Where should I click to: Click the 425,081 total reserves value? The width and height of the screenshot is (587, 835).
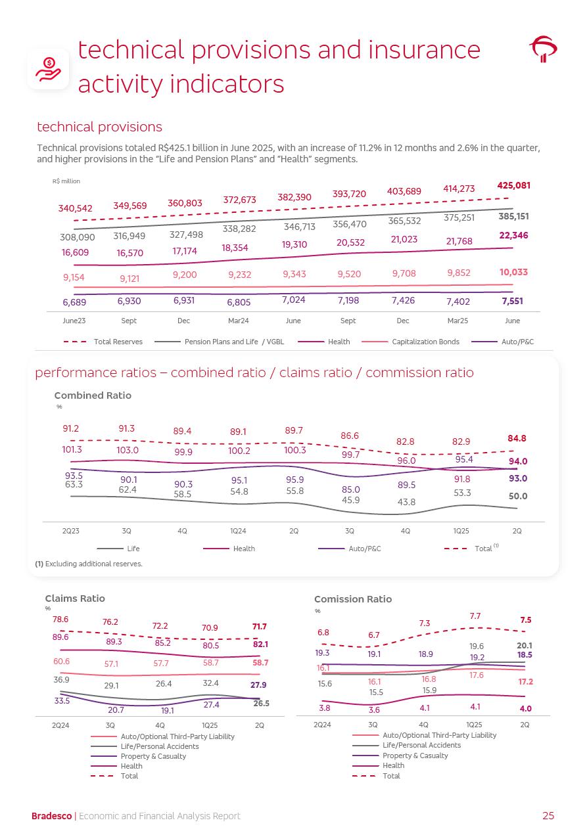(x=513, y=186)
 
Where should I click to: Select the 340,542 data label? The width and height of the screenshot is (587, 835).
(x=75, y=208)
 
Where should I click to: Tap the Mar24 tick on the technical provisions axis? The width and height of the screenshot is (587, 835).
(x=239, y=321)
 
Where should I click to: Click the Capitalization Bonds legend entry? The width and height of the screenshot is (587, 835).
(x=425, y=342)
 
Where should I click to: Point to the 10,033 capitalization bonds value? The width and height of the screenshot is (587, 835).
(x=513, y=272)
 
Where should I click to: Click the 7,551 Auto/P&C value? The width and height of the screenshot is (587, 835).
(x=513, y=301)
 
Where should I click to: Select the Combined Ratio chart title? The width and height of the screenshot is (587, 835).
(x=93, y=395)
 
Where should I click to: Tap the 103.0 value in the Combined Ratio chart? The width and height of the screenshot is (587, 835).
(x=128, y=451)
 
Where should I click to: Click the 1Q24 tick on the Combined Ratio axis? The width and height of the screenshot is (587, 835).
(x=238, y=531)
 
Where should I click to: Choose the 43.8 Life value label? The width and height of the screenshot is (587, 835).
(x=406, y=502)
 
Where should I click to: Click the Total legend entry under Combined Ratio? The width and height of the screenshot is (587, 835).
(x=483, y=549)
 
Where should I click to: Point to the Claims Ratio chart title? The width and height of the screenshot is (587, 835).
(x=75, y=598)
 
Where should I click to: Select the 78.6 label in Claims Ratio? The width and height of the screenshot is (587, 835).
(x=60, y=620)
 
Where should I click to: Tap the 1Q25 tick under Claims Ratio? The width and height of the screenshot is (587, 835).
(x=210, y=725)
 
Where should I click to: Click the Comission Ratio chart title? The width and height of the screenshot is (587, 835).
(x=353, y=599)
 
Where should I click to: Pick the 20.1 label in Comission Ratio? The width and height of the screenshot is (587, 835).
(x=525, y=646)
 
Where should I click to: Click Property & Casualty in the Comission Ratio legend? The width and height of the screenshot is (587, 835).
(x=415, y=756)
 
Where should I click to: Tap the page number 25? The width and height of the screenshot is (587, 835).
(x=548, y=816)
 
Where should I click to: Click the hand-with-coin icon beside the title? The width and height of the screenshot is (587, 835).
(x=48, y=68)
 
